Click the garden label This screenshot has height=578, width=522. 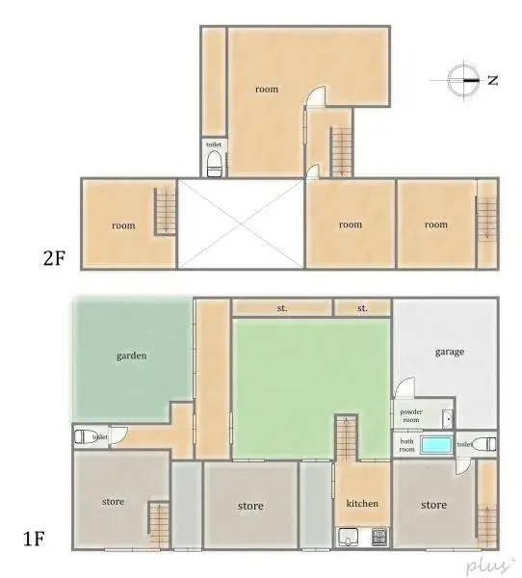(x=132, y=355)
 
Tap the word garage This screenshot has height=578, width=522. (x=449, y=352)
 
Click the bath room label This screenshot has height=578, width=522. (x=407, y=445)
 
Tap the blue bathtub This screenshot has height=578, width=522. (x=437, y=445)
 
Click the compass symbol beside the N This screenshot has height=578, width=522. (x=463, y=80)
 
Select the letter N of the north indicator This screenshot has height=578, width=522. (x=492, y=81)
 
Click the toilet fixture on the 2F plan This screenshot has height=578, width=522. (x=214, y=163)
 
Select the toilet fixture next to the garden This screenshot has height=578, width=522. (x=86, y=436)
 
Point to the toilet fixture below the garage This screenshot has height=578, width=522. (x=487, y=444)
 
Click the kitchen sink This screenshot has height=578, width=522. (x=348, y=537)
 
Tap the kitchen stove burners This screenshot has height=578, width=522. (x=378, y=537)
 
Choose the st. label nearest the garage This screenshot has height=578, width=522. (x=362, y=308)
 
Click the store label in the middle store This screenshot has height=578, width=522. (x=250, y=506)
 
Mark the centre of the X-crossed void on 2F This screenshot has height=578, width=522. (x=241, y=223)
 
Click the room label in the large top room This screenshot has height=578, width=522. (x=267, y=90)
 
